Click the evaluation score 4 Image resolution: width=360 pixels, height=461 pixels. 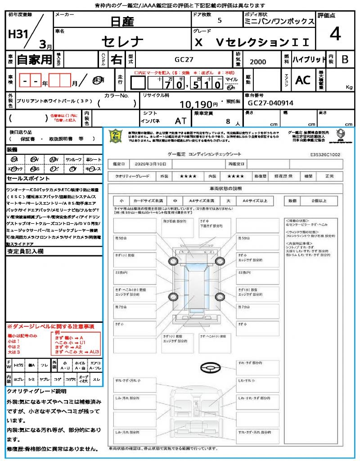point(334,34)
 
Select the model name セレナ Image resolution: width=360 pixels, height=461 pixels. point(122,42)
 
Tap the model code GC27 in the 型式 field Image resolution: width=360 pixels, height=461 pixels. point(184,59)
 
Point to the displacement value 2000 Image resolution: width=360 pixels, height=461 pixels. point(257,62)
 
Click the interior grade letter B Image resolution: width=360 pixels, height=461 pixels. point(345,59)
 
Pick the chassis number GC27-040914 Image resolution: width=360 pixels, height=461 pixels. point(270,103)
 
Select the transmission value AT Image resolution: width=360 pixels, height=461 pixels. point(180,121)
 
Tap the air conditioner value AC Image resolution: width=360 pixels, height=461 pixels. point(303,80)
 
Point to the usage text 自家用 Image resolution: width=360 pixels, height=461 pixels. point(34,59)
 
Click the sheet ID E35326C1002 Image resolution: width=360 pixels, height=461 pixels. point(325,154)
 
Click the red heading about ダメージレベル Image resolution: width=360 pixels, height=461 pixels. point(50,325)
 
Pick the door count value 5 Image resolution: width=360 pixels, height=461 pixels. point(219,21)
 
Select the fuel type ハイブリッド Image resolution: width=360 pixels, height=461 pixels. point(309,59)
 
